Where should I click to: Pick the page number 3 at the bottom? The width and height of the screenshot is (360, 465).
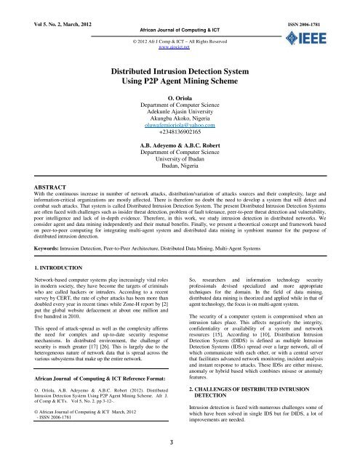pyautogui.click(x=180, y=445)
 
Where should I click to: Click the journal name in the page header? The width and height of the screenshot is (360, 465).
pyautogui.click(x=179, y=14)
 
